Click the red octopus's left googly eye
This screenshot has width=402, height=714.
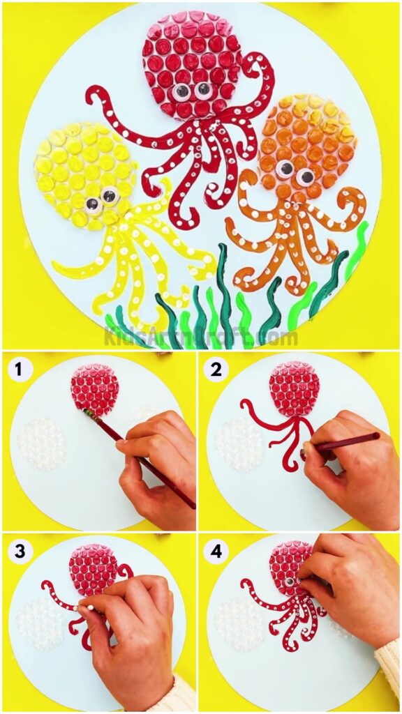[x=181, y=90]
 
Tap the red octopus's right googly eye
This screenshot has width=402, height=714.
[x=203, y=89]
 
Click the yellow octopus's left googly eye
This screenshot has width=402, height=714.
[x=92, y=204]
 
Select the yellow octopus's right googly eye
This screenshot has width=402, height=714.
[x=110, y=197]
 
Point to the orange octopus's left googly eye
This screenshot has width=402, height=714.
[x=285, y=169]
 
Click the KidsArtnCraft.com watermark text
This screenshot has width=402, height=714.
[x=201, y=337]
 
